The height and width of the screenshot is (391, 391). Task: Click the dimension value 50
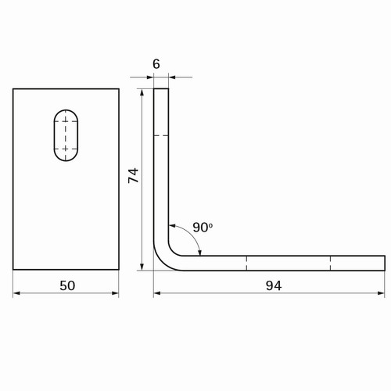pos(67,285)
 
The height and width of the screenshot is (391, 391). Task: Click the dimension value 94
pos(274,285)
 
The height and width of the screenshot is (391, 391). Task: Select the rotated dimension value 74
pos(134,175)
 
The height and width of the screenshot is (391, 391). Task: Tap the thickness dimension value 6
pos(156,64)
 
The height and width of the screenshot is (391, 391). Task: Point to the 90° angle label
pos(203,228)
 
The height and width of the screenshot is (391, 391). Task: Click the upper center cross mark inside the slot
pos(66,120)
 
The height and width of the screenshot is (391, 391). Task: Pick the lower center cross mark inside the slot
pos(66,149)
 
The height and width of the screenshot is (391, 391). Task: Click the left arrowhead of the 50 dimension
pos(16,293)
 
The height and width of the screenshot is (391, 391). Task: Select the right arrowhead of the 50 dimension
pos(116,293)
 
